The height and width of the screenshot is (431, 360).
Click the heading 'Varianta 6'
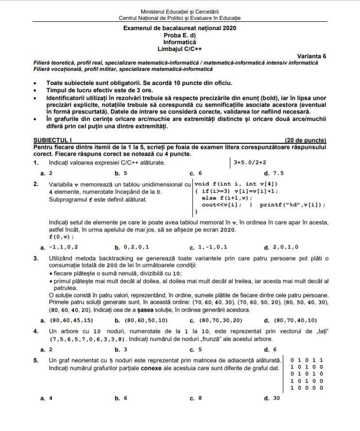[311, 56]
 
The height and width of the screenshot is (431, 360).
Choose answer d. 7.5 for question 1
[274, 173]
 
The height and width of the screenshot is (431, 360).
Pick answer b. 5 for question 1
[121, 173]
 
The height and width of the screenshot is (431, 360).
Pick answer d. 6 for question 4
[270, 349]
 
